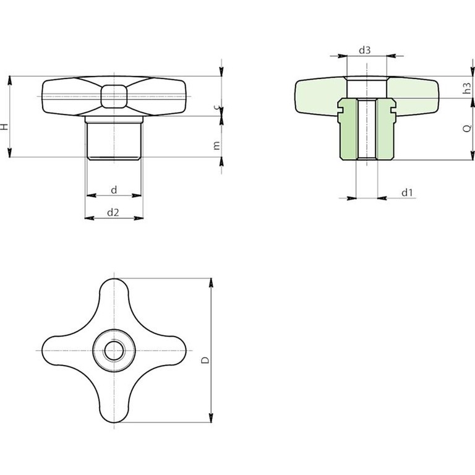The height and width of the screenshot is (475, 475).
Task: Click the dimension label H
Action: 4,127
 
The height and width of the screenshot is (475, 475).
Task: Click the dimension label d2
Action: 113,213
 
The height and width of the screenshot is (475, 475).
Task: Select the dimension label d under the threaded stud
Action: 114,190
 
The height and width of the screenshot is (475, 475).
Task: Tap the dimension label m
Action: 216,146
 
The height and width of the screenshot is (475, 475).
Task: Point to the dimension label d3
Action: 365,50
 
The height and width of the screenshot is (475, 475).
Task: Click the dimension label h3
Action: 468,88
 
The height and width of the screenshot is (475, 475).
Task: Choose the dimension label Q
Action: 468,129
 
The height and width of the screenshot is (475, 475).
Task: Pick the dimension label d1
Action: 407,192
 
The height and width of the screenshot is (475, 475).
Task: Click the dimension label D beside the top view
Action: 205,360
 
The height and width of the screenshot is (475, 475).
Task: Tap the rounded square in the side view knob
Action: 114,96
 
